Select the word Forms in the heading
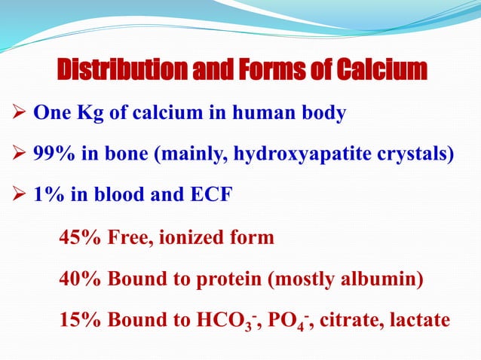coord(259,72)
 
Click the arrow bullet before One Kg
coord(21,114)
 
